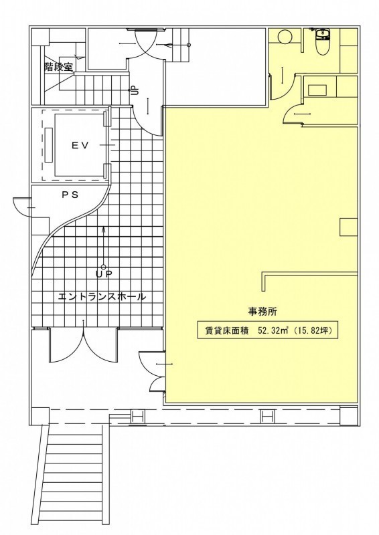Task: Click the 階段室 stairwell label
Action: tap(58, 66)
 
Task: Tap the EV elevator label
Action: tap(80, 145)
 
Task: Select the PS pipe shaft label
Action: tap(70, 195)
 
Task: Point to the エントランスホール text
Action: tap(102, 296)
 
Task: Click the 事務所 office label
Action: tap(262, 312)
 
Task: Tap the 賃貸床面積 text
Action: tap(226, 330)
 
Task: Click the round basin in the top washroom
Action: tap(284, 36)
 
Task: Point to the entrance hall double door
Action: tap(84, 344)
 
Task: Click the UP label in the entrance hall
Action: tap(104, 274)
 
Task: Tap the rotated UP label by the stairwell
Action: tap(135, 90)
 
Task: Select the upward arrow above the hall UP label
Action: tap(104, 245)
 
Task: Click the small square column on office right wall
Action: tap(349, 227)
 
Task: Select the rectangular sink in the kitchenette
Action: tap(318, 90)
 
